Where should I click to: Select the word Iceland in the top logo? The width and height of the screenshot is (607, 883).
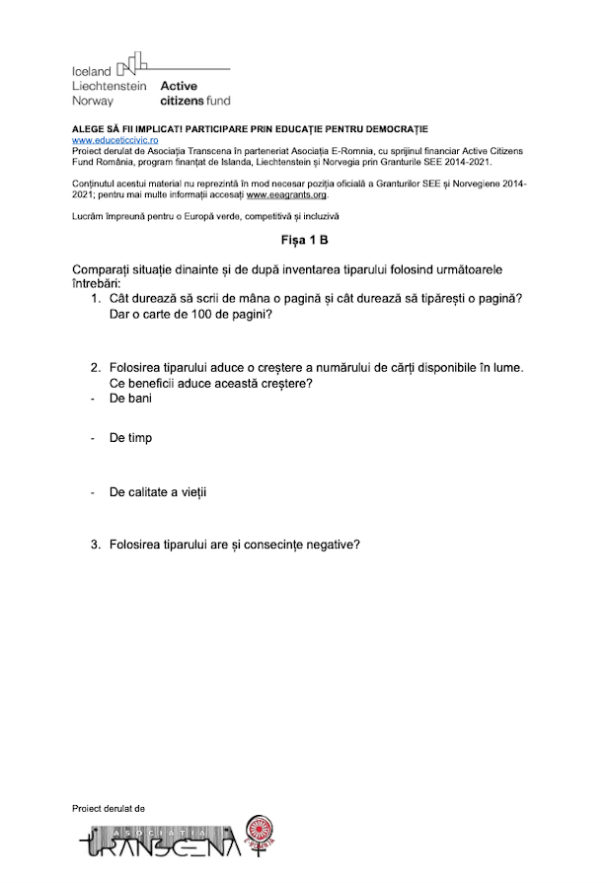click(92, 71)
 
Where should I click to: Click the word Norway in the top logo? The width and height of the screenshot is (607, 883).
click(93, 101)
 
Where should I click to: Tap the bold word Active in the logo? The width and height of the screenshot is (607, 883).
click(179, 86)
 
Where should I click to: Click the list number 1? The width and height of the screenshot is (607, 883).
click(96, 299)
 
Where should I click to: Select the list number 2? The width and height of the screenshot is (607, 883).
click(96, 367)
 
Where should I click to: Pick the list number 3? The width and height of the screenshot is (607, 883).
click(96, 544)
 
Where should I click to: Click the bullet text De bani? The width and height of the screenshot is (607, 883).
click(130, 399)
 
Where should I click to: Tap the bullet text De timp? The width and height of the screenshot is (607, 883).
click(131, 437)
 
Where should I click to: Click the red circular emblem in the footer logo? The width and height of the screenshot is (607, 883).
click(258, 829)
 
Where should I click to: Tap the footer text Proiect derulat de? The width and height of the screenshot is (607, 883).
click(109, 807)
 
